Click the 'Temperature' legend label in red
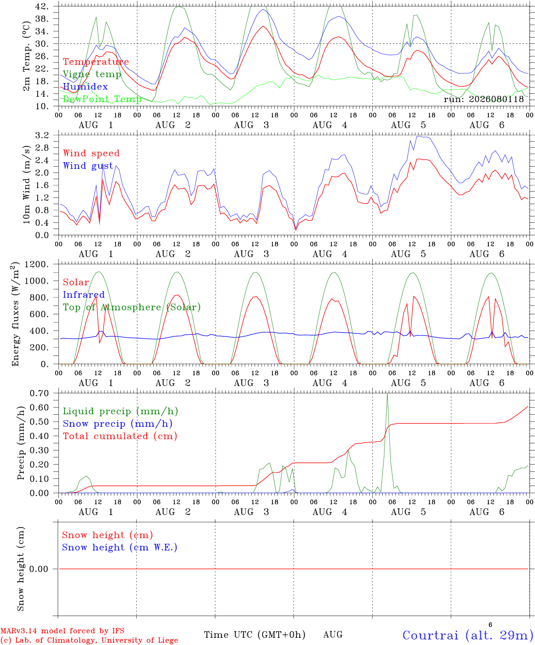pyautogui.click(x=96, y=62)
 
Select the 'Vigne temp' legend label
pyautogui.click(x=92, y=74)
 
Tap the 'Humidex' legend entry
pyautogui.click(x=85, y=86)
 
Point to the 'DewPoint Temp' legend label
pyautogui.click(x=102, y=99)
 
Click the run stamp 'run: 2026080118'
pyautogui.click(x=483, y=99)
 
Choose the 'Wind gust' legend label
pyautogui.click(x=88, y=166)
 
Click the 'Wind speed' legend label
pyautogui.click(x=91, y=153)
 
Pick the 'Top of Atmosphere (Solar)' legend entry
pyautogui.click(x=132, y=307)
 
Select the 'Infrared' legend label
pyautogui.click(x=84, y=294)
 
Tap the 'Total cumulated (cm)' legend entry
pyautogui.click(x=120, y=436)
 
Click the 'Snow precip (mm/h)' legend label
pyautogui.click(x=117, y=424)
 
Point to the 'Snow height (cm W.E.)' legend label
pyautogui.click(x=120, y=547)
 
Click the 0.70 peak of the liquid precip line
pyautogui.click(x=387, y=394)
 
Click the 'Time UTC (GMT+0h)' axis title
pyautogui.click(x=255, y=635)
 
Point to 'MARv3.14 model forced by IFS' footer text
pyautogui.click(x=62, y=631)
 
